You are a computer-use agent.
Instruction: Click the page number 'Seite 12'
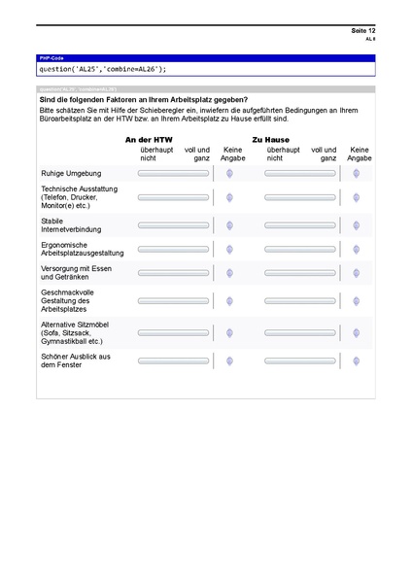[x=362, y=32]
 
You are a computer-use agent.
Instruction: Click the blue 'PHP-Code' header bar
[x=205, y=59]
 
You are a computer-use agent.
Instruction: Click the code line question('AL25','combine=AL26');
[x=103, y=69]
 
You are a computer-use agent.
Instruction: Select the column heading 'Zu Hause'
[x=271, y=140]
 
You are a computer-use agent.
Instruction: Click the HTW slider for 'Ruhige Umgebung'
[x=173, y=173]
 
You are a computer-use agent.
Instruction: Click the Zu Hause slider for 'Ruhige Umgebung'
[x=300, y=173]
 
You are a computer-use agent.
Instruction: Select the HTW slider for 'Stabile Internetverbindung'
[x=173, y=225]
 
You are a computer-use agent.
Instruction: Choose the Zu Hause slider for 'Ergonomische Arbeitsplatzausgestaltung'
[x=300, y=250]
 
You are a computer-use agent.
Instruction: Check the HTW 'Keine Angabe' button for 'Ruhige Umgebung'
[x=229, y=173]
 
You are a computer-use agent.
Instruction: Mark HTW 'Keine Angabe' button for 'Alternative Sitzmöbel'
[x=229, y=332]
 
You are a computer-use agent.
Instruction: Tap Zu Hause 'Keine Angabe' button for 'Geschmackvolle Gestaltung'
[x=357, y=301]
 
